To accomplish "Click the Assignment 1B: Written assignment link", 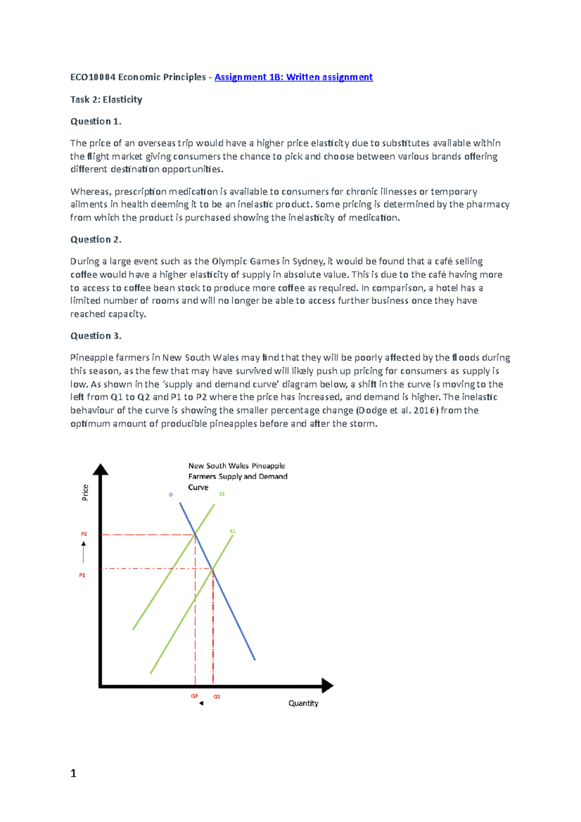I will tap(293, 77).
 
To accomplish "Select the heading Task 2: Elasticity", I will tap(106, 99).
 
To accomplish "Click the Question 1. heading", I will tap(95, 121).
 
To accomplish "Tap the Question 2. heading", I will tap(95, 239).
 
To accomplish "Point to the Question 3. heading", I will tap(95, 335).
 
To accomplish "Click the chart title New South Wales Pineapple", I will tap(236, 466).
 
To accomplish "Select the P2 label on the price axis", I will tap(84, 534).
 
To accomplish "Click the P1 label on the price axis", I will tap(82, 575).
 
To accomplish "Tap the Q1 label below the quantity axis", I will tap(217, 696).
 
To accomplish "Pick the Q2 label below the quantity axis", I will tap(194, 696).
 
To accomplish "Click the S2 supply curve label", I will tap(222, 494).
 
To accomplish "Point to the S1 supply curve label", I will tap(232, 531).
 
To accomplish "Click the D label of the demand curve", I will tap(170, 495).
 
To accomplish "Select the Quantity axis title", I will tap(303, 703).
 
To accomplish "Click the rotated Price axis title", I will tap(85, 492).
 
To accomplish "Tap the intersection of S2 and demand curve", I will tap(195, 534).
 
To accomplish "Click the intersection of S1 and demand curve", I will tap(213, 570).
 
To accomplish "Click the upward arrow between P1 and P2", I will tap(84, 552).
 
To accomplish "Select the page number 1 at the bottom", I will tap(73, 773).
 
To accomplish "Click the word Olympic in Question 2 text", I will tap(229, 261).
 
